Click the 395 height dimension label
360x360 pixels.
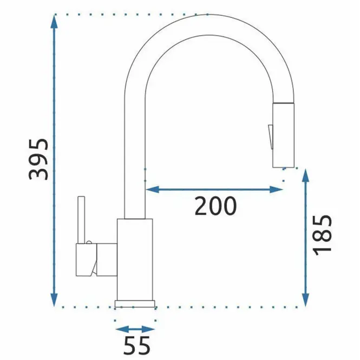click(x=38, y=159)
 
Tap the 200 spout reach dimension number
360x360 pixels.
click(x=215, y=206)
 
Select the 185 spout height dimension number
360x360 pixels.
click(x=322, y=235)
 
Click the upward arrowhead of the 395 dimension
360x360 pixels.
click(x=54, y=22)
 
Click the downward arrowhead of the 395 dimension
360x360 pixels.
click(x=54, y=299)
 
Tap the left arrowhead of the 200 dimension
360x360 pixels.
click(x=153, y=189)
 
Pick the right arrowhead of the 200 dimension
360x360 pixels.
click(x=276, y=189)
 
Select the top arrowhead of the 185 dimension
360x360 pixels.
click(x=305, y=176)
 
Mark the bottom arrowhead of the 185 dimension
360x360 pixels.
click(x=305, y=299)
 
